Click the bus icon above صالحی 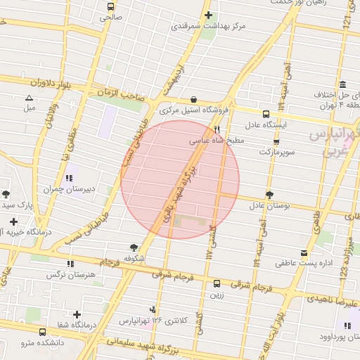110,6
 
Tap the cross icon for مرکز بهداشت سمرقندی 207,15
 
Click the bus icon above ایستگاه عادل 266,114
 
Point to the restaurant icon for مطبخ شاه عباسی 217,130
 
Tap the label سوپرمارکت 274,151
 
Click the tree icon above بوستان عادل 269,195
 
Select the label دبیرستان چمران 89,188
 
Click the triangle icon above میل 29,98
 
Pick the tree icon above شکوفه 134,247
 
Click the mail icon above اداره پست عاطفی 303,253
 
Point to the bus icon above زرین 216,284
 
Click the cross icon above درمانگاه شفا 77,314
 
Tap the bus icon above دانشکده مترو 43,331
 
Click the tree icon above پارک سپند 6,193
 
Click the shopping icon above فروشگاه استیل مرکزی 193,99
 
